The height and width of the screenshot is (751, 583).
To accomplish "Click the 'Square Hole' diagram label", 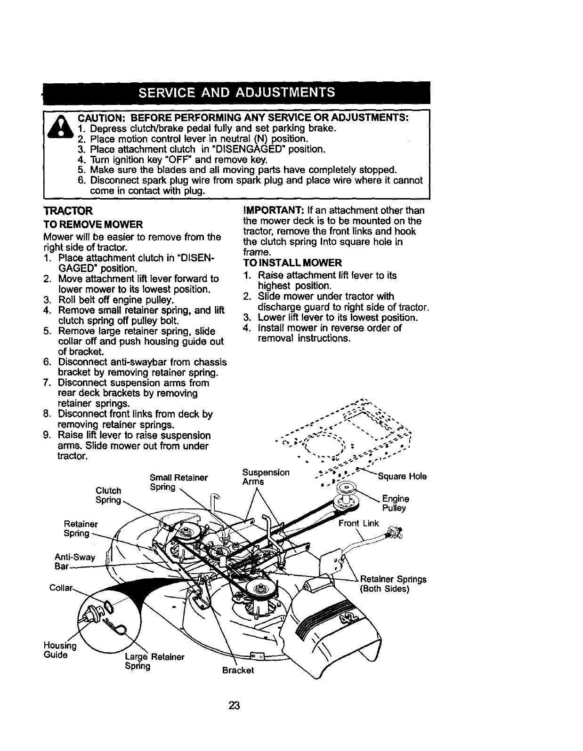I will coord(403,477).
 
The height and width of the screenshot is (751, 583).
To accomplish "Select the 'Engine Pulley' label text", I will coord(395,503).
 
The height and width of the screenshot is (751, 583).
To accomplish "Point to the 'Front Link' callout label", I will coord(359,523).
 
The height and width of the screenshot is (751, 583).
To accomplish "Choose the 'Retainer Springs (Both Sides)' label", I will coord(393,584).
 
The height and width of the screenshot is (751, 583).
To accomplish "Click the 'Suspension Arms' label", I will coord(266,477).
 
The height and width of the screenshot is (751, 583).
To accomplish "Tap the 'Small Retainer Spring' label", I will coord(178,482).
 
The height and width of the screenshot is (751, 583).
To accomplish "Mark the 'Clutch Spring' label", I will coord(108,495).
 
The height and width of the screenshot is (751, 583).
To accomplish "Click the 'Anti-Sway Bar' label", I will coord(75,561).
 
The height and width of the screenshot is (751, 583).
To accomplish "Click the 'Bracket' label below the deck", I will coord(238,670).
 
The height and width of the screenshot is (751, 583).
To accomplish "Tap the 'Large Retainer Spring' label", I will coord(154,661).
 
